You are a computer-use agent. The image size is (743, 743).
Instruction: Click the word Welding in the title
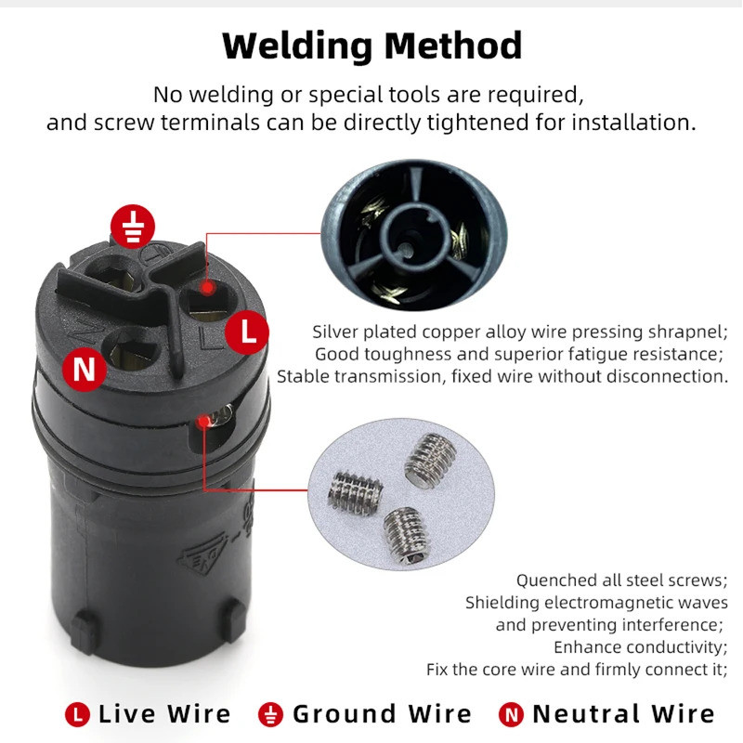(x=297, y=46)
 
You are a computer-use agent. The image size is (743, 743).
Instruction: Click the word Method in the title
(x=453, y=46)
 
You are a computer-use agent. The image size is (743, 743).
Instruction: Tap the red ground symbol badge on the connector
(x=133, y=227)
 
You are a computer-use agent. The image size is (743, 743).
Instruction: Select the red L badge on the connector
(x=247, y=332)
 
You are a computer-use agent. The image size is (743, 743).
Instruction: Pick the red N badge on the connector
(x=85, y=369)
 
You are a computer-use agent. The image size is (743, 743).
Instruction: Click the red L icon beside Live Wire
(x=77, y=714)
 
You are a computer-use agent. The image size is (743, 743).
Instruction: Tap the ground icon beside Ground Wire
(x=270, y=714)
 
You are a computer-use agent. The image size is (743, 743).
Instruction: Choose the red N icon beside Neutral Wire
(x=512, y=714)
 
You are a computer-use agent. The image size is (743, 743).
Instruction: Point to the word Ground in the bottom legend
(x=344, y=713)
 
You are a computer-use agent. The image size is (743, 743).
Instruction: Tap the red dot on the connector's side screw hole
(x=203, y=421)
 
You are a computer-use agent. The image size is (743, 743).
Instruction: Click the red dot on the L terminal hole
(x=207, y=287)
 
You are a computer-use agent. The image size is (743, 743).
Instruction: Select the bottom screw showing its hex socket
(x=407, y=536)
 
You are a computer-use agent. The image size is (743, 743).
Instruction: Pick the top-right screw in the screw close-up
(x=430, y=461)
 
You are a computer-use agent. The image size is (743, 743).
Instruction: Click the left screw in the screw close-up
(x=356, y=492)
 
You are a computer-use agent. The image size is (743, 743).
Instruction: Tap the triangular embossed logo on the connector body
(x=202, y=553)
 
